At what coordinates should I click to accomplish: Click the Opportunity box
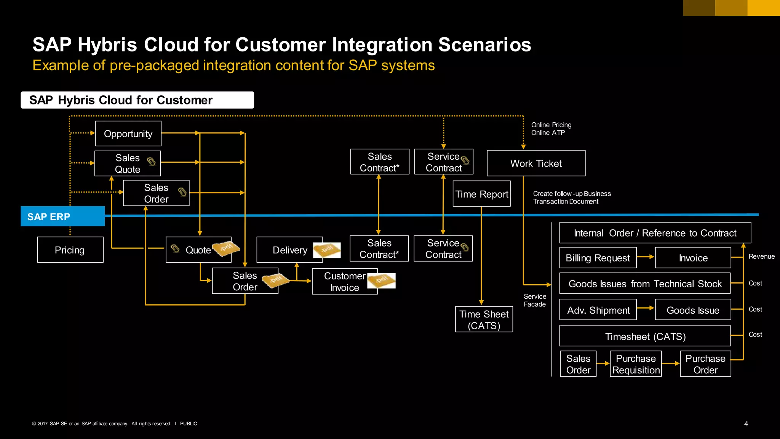[128, 134]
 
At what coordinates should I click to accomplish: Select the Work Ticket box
[536, 163]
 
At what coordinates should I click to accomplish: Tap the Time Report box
[481, 194]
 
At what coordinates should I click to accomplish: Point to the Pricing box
[70, 250]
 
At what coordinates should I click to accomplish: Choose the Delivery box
[289, 250]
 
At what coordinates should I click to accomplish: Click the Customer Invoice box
[344, 282]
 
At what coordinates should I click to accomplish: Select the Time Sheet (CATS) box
[484, 320]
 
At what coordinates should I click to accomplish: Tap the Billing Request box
[598, 258]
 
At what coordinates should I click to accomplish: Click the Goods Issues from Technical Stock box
[645, 284]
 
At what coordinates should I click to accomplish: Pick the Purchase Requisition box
[636, 364]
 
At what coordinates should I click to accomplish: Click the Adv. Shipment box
[598, 310]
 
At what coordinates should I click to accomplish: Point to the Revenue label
[761, 256]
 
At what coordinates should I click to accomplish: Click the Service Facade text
[535, 300]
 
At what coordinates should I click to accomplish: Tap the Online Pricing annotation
[551, 125]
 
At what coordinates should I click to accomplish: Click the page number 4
[746, 424]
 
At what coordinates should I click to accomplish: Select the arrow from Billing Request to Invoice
[645, 257]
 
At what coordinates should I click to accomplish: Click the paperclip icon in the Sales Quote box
[151, 162]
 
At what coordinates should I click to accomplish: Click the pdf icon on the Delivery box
[327, 250]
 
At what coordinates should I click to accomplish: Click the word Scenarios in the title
[484, 45]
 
